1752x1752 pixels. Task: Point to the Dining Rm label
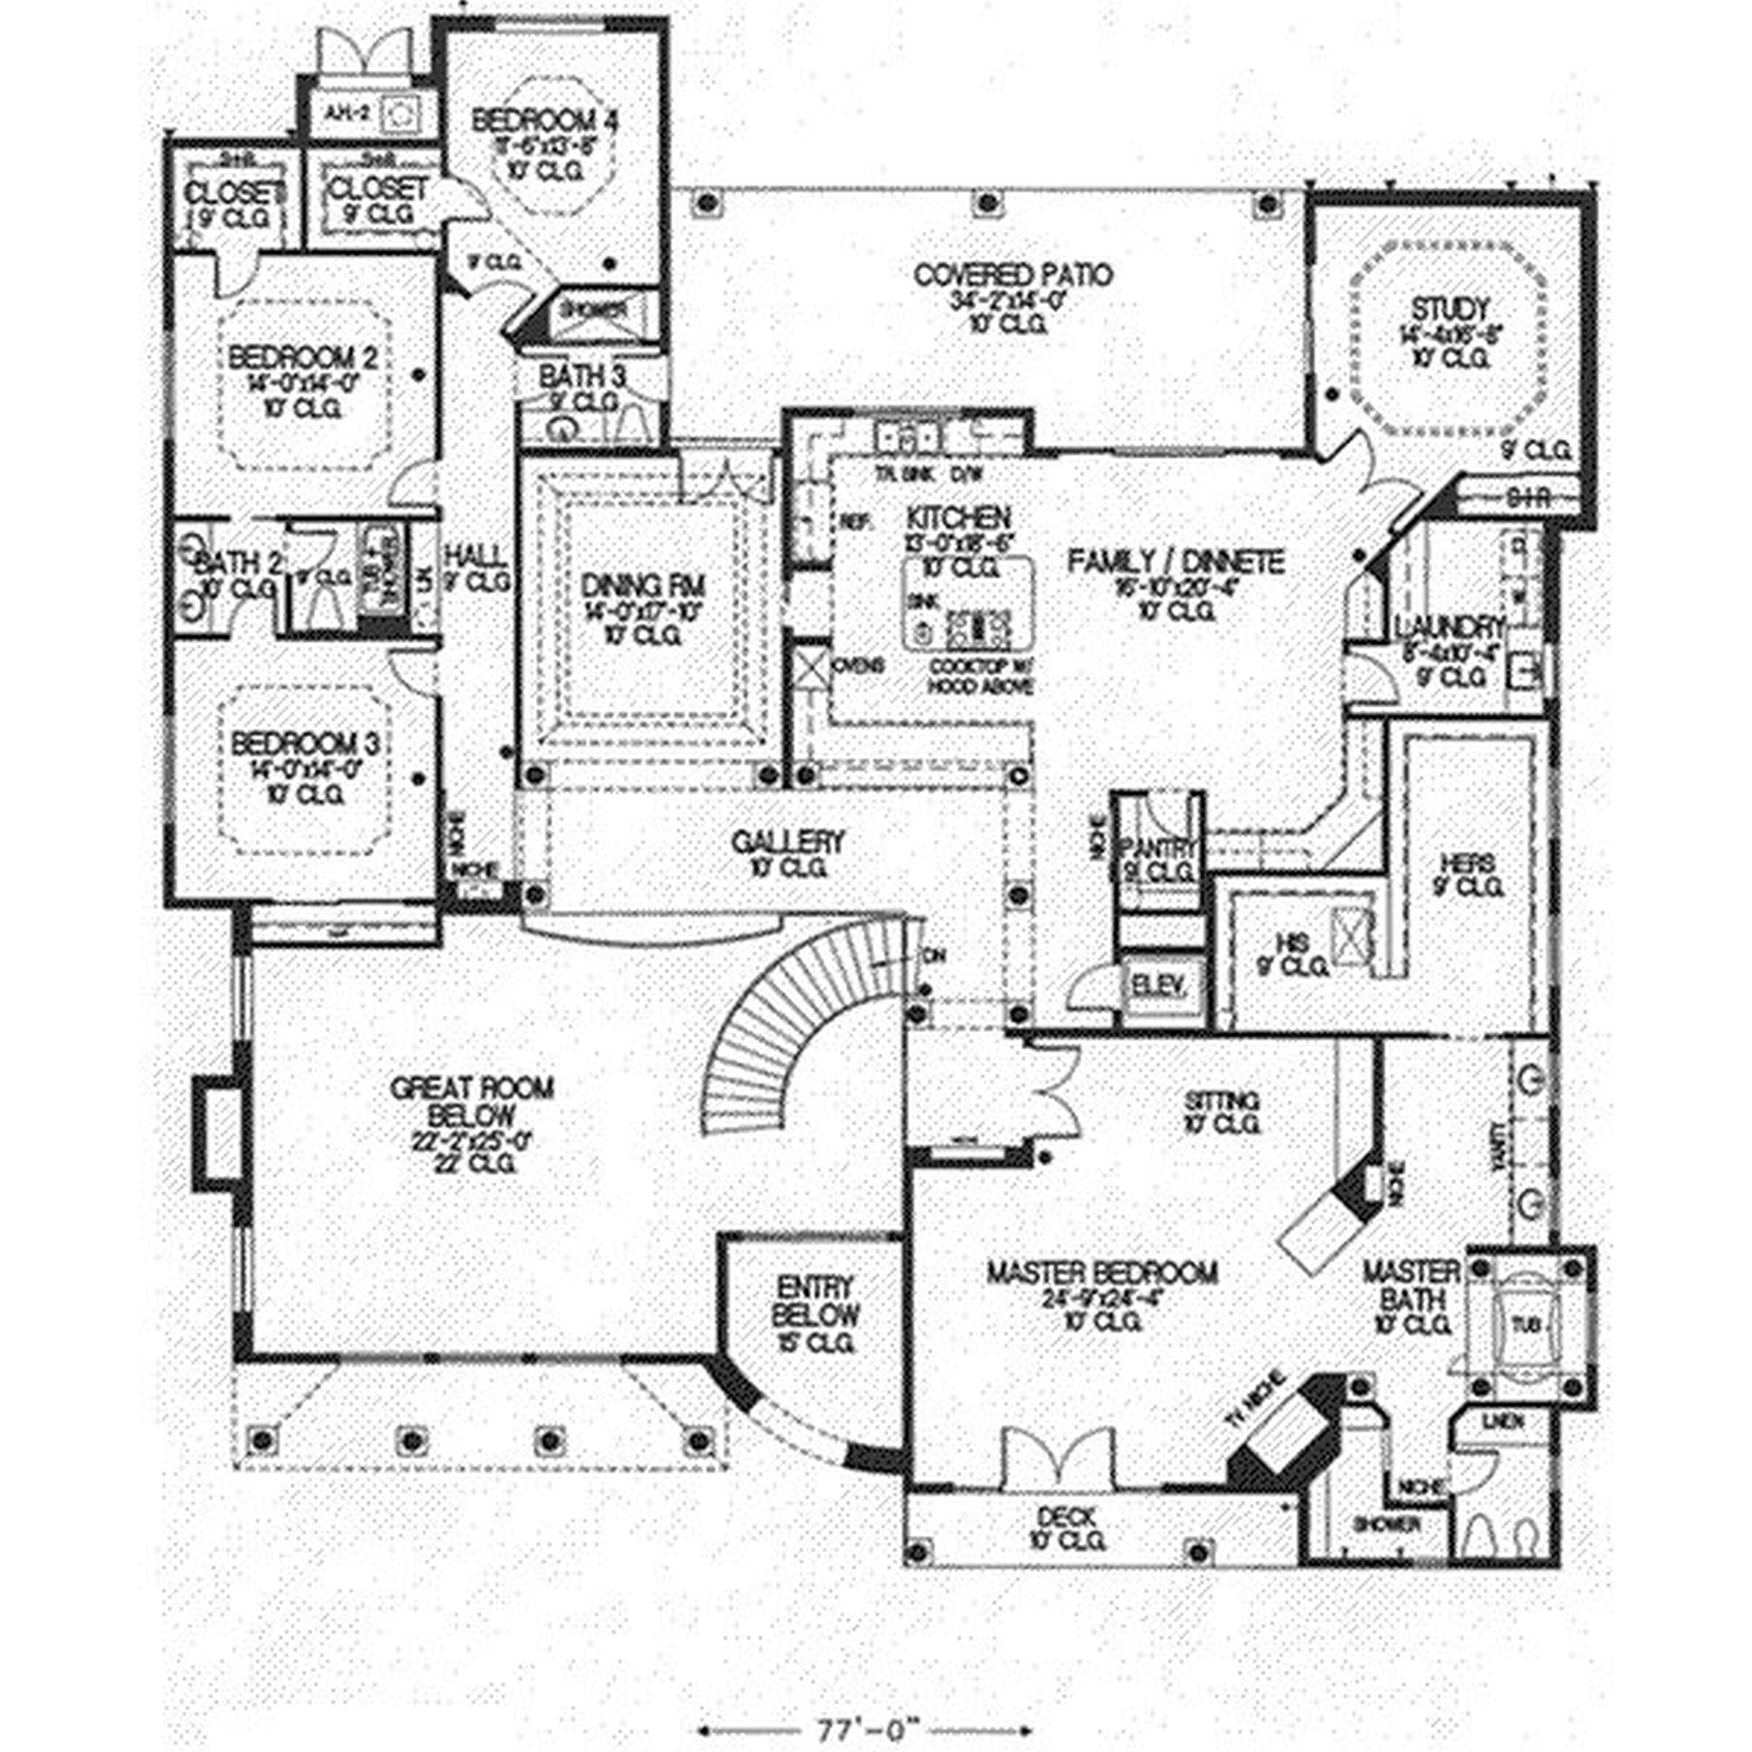tap(642, 586)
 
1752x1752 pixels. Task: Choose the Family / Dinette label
tap(1175, 562)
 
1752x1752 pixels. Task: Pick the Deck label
tap(1066, 1515)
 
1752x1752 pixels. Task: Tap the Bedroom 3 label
tap(305, 745)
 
